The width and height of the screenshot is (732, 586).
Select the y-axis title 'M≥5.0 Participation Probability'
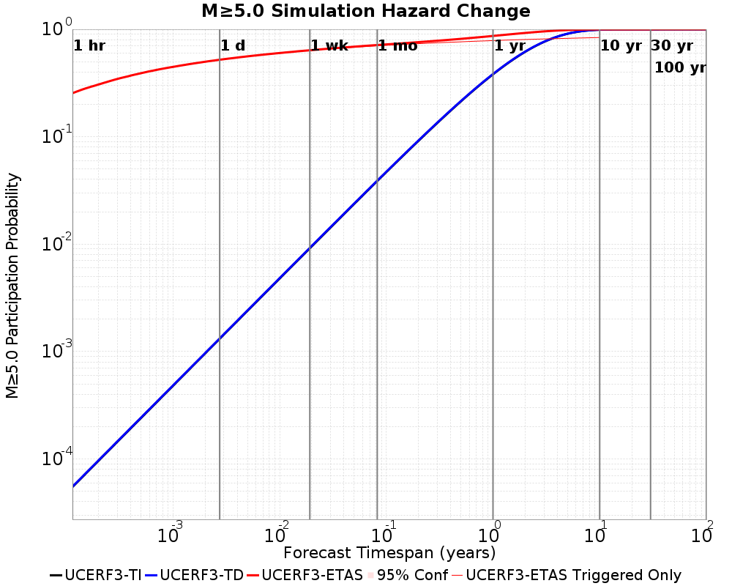[x=12, y=286]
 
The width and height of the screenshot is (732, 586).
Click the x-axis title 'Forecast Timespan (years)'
[x=389, y=552]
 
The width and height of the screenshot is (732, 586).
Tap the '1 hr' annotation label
[x=90, y=46]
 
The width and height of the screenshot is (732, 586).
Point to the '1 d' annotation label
[x=233, y=46]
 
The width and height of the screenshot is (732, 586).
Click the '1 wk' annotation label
[x=329, y=46]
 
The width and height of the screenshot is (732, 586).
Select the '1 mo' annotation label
[x=398, y=46]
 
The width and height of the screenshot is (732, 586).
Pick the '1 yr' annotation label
[x=509, y=46]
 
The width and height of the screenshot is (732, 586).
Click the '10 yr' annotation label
[x=621, y=46]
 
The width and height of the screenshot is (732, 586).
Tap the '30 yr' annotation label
[x=672, y=46]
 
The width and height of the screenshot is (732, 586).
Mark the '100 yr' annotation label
[x=680, y=68]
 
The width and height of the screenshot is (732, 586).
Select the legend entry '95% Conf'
[x=412, y=576]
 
